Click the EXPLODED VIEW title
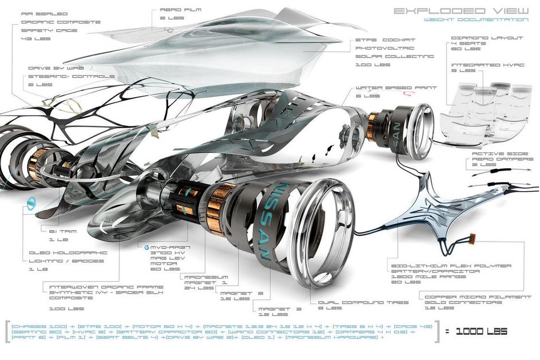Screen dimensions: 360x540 [460, 10]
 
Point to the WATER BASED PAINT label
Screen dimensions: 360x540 [396, 88]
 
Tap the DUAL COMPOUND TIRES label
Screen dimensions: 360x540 [367, 303]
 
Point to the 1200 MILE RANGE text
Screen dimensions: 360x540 [415, 276]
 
